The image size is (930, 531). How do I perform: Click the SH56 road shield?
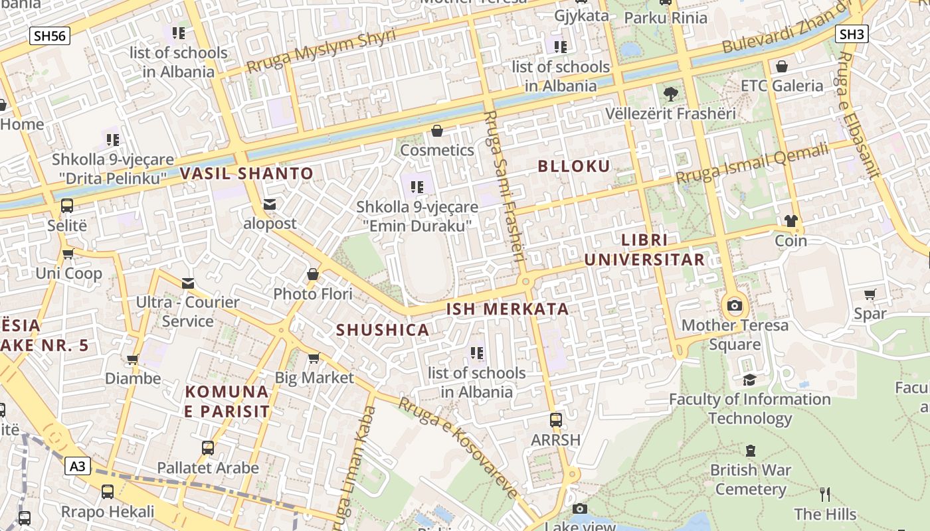click(49, 35)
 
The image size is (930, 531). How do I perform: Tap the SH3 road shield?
click(852, 34)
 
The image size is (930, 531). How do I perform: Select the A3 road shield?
click(78, 466)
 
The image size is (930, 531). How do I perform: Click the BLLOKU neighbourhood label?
click(574, 166)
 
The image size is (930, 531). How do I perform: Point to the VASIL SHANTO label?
click(246, 174)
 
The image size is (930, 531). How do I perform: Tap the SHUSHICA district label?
click(382, 330)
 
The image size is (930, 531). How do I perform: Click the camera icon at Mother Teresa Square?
click(734, 306)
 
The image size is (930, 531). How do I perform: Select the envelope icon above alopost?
click(270, 204)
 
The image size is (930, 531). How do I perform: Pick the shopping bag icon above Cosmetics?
click(437, 131)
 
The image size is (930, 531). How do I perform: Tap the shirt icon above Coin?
click(790, 221)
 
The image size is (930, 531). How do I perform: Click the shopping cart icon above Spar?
click(870, 294)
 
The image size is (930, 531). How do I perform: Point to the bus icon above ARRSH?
click(555, 420)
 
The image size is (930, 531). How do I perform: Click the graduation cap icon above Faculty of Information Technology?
click(750, 380)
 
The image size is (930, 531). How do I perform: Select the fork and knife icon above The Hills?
click(825, 494)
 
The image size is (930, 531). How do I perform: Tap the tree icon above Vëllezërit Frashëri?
click(670, 94)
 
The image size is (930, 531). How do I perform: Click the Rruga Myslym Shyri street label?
click(321, 51)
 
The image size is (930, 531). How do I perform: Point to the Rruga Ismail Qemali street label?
click(753, 164)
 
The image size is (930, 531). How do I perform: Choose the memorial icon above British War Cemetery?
click(751, 451)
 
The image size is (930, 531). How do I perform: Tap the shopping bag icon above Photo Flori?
click(313, 274)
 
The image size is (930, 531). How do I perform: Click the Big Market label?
click(314, 378)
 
